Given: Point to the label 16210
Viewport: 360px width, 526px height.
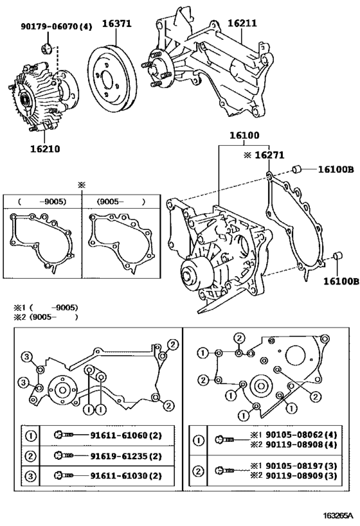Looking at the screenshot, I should click(44, 148).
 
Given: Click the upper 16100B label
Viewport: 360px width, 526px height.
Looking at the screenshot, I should click(334, 170).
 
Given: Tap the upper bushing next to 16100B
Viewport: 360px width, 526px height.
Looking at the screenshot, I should click(297, 170).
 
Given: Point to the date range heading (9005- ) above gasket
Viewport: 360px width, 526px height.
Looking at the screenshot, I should click(121, 200).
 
